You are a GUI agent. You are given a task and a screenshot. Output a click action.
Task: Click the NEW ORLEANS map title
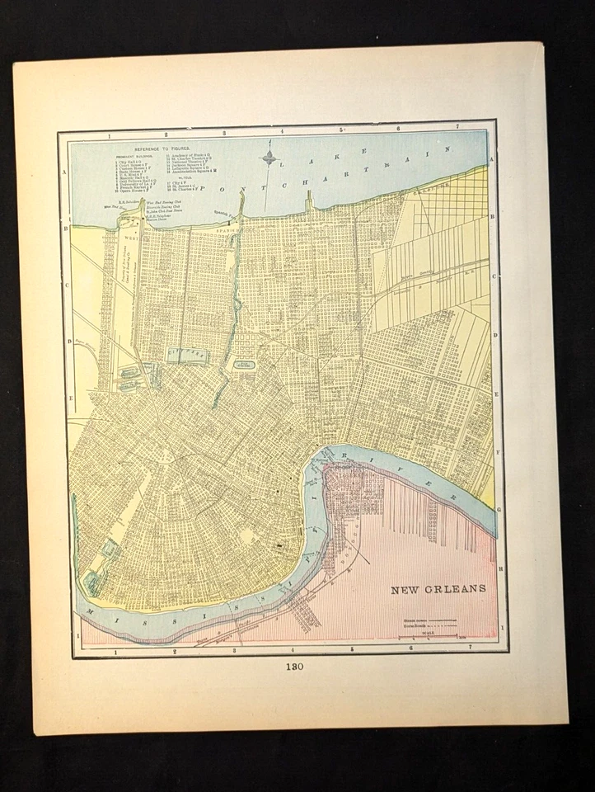pos(438,589)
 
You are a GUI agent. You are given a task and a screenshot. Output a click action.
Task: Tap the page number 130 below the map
pos(297,667)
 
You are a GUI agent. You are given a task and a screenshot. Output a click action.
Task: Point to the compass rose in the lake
pos(269,156)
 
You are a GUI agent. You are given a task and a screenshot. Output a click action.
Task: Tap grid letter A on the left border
pos(64,172)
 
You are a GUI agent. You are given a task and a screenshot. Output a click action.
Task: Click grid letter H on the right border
pos(502,568)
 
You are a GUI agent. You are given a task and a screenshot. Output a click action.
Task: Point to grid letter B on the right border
pos(493,217)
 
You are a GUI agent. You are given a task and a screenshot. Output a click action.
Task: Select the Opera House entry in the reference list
pos(133,189)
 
